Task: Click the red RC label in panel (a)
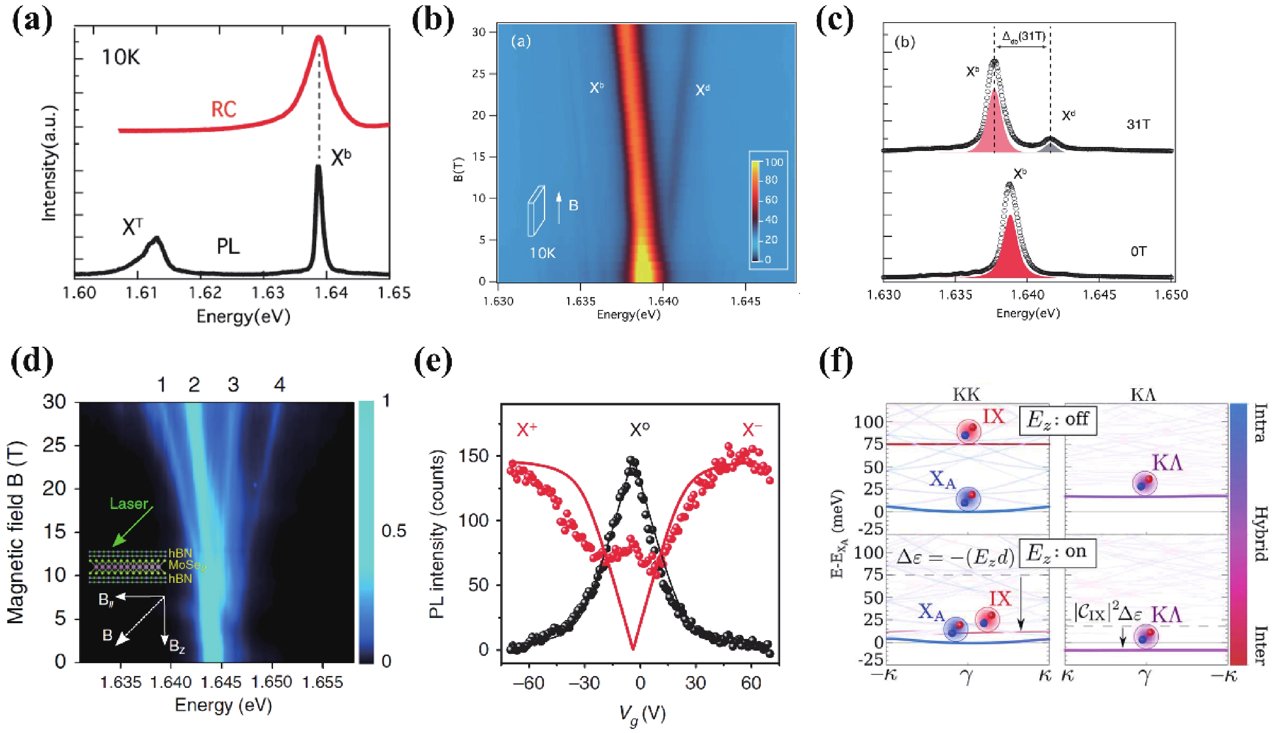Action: click(x=224, y=109)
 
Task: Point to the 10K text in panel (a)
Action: click(x=121, y=58)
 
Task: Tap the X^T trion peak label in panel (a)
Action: click(x=132, y=227)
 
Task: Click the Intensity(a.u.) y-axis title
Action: click(x=49, y=163)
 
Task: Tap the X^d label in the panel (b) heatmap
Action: click(x=703, y=90)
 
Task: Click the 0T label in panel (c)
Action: click(x=1139, y=251)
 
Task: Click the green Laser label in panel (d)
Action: click(x=129, y=504)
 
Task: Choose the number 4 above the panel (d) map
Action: click(x=279, y=385)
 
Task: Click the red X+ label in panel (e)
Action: click(x=527, y=430)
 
